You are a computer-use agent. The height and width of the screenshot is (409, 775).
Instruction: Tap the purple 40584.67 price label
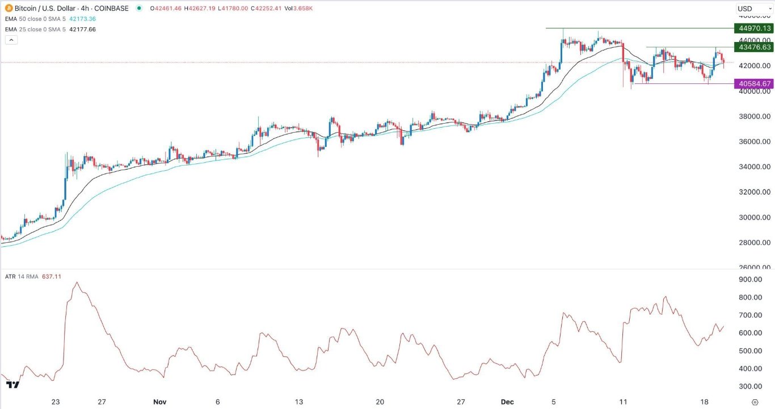click(753, 84)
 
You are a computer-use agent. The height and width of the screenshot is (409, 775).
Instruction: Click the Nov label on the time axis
click(159, 402)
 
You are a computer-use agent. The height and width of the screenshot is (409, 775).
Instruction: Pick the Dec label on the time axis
click(508, 402)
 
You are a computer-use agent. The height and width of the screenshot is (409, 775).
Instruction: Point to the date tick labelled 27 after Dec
click(461, 402)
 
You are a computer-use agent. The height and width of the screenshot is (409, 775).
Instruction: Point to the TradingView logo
click(12, 385)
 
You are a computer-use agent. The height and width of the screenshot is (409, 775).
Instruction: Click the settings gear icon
click(755, 402)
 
